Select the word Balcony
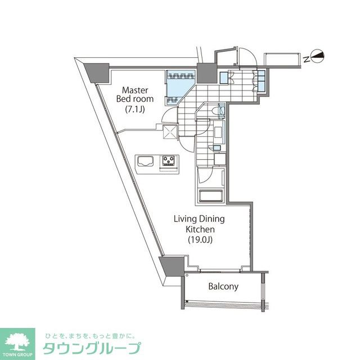point(223,286)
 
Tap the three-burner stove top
point(168,161)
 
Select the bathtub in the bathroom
point(211,198)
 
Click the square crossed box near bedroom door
point(170,132)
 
